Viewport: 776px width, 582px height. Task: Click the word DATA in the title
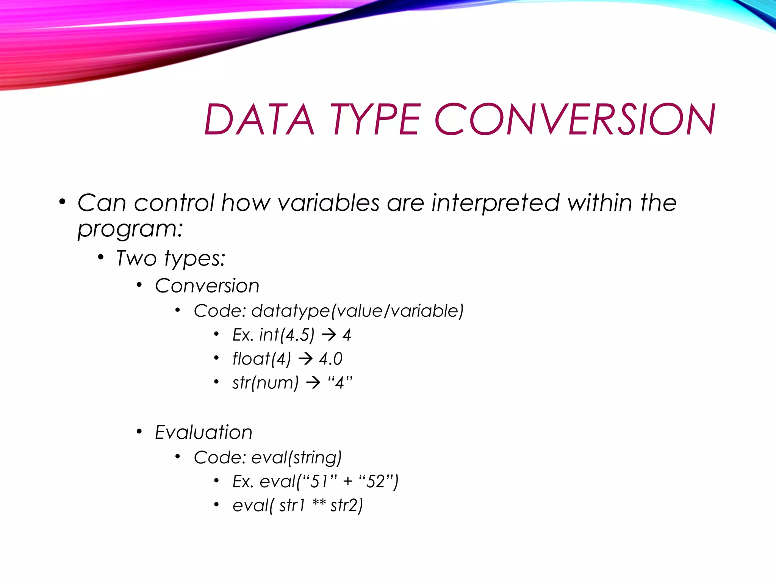tap(260, 120)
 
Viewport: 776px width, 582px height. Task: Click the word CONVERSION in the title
tap(575, 120)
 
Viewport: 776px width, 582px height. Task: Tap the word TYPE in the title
tap(375, 120)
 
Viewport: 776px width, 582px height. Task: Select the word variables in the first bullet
tap(329, 203)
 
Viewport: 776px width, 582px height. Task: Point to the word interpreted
tap(496, 203)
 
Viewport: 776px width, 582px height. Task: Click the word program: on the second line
tap(130, 229)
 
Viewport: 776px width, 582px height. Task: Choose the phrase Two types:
tap(171, 259)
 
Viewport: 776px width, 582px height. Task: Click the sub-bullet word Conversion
tap(207, 286)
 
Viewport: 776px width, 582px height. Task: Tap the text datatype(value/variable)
tap(357, 311)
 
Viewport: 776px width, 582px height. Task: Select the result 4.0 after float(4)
tap(331, 359)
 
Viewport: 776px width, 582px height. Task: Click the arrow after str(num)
tap(313, 383)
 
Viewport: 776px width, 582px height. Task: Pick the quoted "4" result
tap(340, 382)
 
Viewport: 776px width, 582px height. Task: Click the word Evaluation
tap(203, 432)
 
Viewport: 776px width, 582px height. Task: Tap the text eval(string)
tap(296, 458)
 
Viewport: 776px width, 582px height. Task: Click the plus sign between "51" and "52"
tap(347, 482)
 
